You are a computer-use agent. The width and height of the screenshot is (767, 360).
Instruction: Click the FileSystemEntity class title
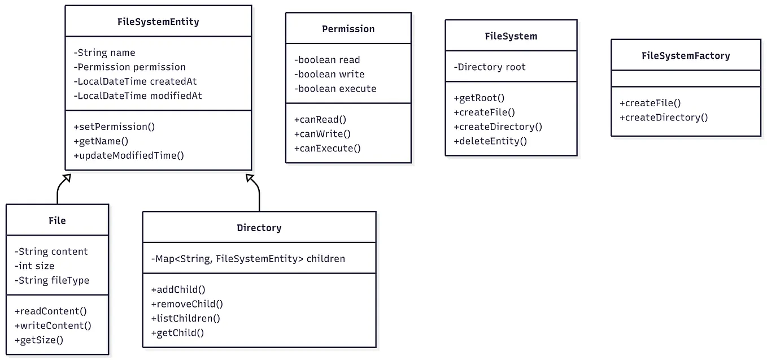(x=158, y=22)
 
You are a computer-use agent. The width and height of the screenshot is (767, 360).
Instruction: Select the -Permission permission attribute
(x=129, y=67)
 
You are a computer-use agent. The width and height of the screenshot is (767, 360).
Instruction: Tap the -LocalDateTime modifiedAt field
(x=138, y=96)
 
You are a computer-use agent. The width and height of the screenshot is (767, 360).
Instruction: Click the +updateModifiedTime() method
(x=129, y=155)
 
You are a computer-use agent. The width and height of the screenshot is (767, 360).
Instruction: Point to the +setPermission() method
(x=114, y=127)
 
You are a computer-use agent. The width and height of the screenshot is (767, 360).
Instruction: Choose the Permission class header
(x=348, y=29)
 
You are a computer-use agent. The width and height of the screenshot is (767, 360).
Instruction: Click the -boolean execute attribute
(x=335, y=89)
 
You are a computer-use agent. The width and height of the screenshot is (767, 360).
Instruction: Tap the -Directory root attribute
(x=490, y=67)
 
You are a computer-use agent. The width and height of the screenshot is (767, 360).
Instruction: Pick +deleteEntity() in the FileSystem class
(x=490, y=141)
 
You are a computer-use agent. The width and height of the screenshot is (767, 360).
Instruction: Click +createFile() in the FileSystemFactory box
(x=650, y=103)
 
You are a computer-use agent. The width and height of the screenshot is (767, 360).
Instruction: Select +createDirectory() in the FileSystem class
(x=498, y=127)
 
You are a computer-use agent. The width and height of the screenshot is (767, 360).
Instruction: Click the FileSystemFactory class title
(x=686, y=55)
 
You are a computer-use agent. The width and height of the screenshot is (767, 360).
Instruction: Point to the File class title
(x=57, y=220)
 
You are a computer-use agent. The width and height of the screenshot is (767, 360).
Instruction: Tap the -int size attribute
(x=34, y=266)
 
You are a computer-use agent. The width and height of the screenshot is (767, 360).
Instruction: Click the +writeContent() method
(x=53, y=326)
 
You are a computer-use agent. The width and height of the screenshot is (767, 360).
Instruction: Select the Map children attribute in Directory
(x=248, y=259)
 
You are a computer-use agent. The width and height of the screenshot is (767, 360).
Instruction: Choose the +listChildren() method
(x=185, y=318)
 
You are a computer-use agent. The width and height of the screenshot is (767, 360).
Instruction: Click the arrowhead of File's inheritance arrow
(x=67, y=178)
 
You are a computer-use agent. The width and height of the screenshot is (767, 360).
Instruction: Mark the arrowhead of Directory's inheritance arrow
(x=250, y=178)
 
